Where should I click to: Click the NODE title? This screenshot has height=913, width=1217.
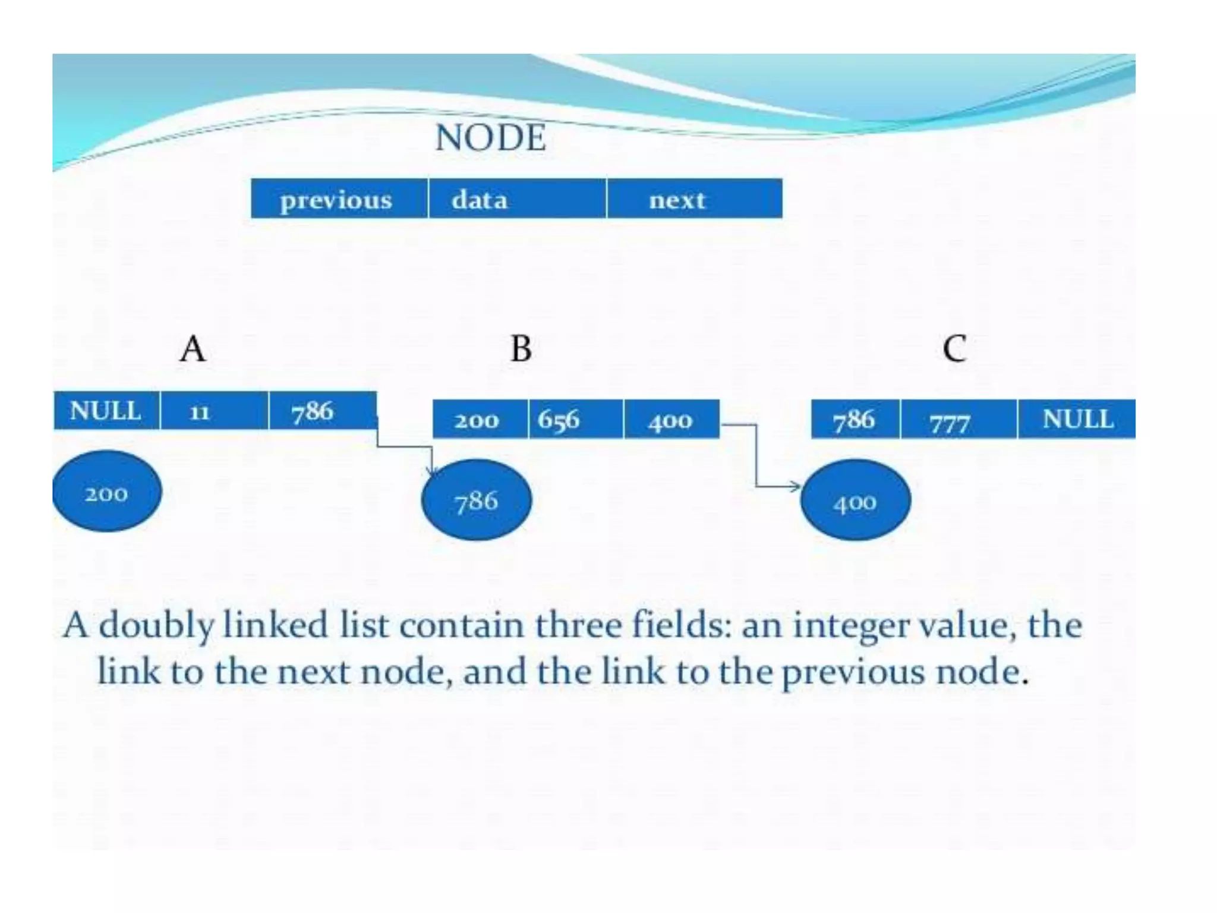tap(490, 138)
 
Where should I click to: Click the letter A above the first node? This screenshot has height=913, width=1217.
tap(193, 349)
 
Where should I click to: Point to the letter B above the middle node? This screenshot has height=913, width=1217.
tap(521, 349)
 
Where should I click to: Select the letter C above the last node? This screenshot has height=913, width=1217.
tap(954, 349)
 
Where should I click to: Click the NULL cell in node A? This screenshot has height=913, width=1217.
tap(106, 410)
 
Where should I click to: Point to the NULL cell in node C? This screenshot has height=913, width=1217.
tap(1077, 420)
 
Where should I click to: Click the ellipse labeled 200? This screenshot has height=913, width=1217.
tap(107, 492)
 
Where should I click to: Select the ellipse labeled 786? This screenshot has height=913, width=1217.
tap(476, 500)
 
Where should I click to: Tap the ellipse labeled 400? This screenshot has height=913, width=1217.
tap(855, 500)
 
